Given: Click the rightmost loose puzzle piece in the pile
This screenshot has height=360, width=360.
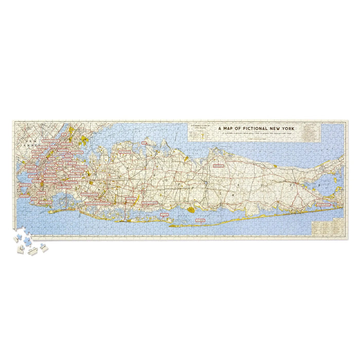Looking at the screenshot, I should tap(44, 249).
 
